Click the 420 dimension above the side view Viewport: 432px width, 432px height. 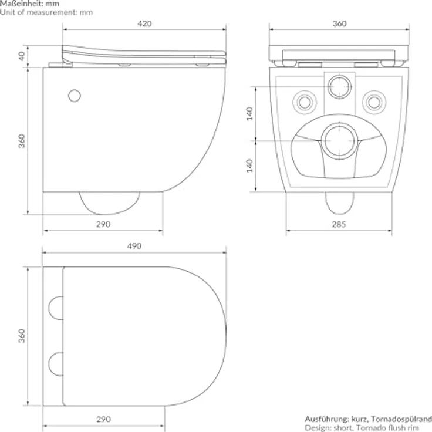(144, 23)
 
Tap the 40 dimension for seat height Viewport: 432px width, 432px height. (22, 56)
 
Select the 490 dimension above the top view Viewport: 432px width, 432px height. (134, 247)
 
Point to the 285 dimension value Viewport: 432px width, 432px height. (339, 224)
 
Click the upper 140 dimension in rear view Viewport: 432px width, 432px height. (249, 114)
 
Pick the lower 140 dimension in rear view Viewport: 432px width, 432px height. (249, 166)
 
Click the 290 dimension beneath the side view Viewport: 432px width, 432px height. (103, 224)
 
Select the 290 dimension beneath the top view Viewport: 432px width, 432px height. (103, 419)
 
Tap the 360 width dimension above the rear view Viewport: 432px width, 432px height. (339, 23)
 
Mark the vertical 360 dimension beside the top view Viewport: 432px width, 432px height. (22, 336)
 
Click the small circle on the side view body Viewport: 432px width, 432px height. (75, 95)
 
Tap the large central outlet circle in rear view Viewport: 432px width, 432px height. (339, 141)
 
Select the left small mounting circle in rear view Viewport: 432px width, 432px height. (304, 102)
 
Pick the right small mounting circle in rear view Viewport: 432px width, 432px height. (373, 102)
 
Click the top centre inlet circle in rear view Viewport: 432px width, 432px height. (339, 87)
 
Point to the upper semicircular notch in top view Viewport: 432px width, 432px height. (56, 308)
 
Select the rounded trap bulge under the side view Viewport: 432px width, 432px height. (109, 203)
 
